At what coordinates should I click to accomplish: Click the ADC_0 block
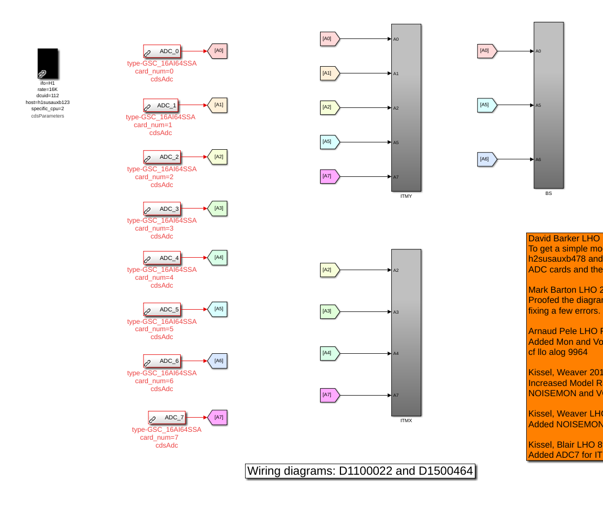(162, 51)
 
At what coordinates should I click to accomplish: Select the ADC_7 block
(167, 418)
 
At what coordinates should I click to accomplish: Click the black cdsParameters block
(47, 63)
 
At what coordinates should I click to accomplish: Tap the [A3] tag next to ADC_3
(218, 209)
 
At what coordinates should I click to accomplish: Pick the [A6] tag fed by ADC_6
(218, 361)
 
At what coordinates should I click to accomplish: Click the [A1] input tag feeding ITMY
(329, 73)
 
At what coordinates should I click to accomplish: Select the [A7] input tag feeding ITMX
(329, 395)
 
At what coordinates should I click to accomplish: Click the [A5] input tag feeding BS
(486, 105)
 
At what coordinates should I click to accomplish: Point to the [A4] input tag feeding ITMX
(329, 354)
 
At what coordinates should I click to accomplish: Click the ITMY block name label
(406, 196)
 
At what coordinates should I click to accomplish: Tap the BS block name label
(548, 193)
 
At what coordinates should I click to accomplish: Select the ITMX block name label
(406, 420)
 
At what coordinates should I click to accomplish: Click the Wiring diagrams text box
(360, 471)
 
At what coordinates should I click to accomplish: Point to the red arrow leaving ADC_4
(194, 258)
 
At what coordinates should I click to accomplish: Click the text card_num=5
(154, 329)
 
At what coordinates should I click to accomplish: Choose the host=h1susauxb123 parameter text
(47, 102)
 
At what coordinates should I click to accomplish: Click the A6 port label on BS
(538, 159)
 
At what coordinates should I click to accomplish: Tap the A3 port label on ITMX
(396, 312)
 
